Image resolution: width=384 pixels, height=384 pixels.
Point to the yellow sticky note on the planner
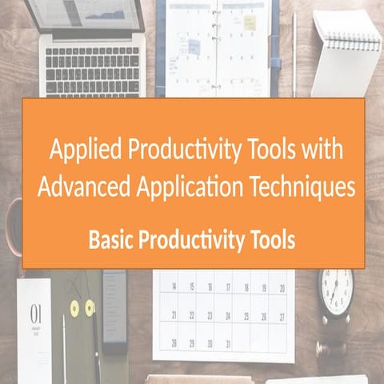[250, 22]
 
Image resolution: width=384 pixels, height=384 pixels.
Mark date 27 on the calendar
[281, 316]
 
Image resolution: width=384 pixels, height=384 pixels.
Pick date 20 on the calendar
[281, 287]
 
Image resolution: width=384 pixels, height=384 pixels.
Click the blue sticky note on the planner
[194, 46]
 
